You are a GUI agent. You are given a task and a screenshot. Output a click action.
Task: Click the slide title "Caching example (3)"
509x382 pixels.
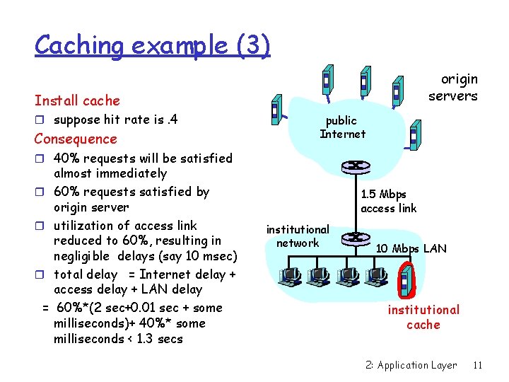pyautogui.click(x=152, y=45)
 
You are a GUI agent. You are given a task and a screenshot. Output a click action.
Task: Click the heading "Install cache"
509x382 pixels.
pyautogui.click(x=77, y=100)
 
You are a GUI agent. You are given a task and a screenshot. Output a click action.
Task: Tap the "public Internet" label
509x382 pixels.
pyautogui.click(x=342, y=127)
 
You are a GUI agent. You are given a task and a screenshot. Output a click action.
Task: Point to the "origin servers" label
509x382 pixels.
pyautogui.click(x=453, y=88)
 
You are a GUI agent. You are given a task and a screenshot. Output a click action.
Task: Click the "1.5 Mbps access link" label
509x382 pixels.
pyautogui.click(x=388, y=201)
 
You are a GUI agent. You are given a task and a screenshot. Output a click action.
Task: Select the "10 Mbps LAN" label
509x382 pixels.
pyautogui.click(x=411, y=248)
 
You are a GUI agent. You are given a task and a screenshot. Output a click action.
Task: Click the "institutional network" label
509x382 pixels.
pyautogui.click(x=298, y=236)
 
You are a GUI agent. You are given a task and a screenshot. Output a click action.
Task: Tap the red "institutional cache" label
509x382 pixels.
pyautogui.click(x=423, y=317)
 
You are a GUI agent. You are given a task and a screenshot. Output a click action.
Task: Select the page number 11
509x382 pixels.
pyautogui.click(x=478, y=365)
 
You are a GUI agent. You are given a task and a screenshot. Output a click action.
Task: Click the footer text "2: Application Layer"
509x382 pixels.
pyautogui.click(x=411, y=365)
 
